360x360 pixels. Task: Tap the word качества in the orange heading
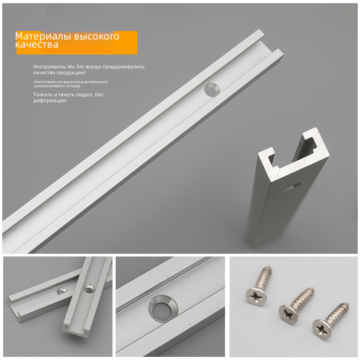(x=37, y=45)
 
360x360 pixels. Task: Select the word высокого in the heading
(x=97, y=37)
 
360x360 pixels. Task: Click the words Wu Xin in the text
(x=76, y=67)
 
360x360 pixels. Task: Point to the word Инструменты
(x=49, y=67)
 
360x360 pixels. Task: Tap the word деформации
(x=49, y=100)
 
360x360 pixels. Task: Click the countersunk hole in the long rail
(x=212, y=90)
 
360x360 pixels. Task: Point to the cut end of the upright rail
(x=294, y=155)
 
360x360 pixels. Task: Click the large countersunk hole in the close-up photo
(x=163, y=309)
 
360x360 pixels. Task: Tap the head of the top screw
(x=256, y=297)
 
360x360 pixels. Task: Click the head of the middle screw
(x=288, y=314)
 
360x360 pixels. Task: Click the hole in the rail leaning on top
(x=90, y=288)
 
